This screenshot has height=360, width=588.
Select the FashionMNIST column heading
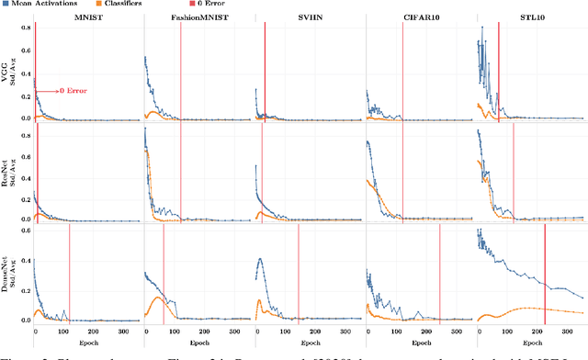click(x=197, y=17)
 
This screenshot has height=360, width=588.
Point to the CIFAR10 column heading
click(x=419, y=17)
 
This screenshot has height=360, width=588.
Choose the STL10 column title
click(x=530, y=17)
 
